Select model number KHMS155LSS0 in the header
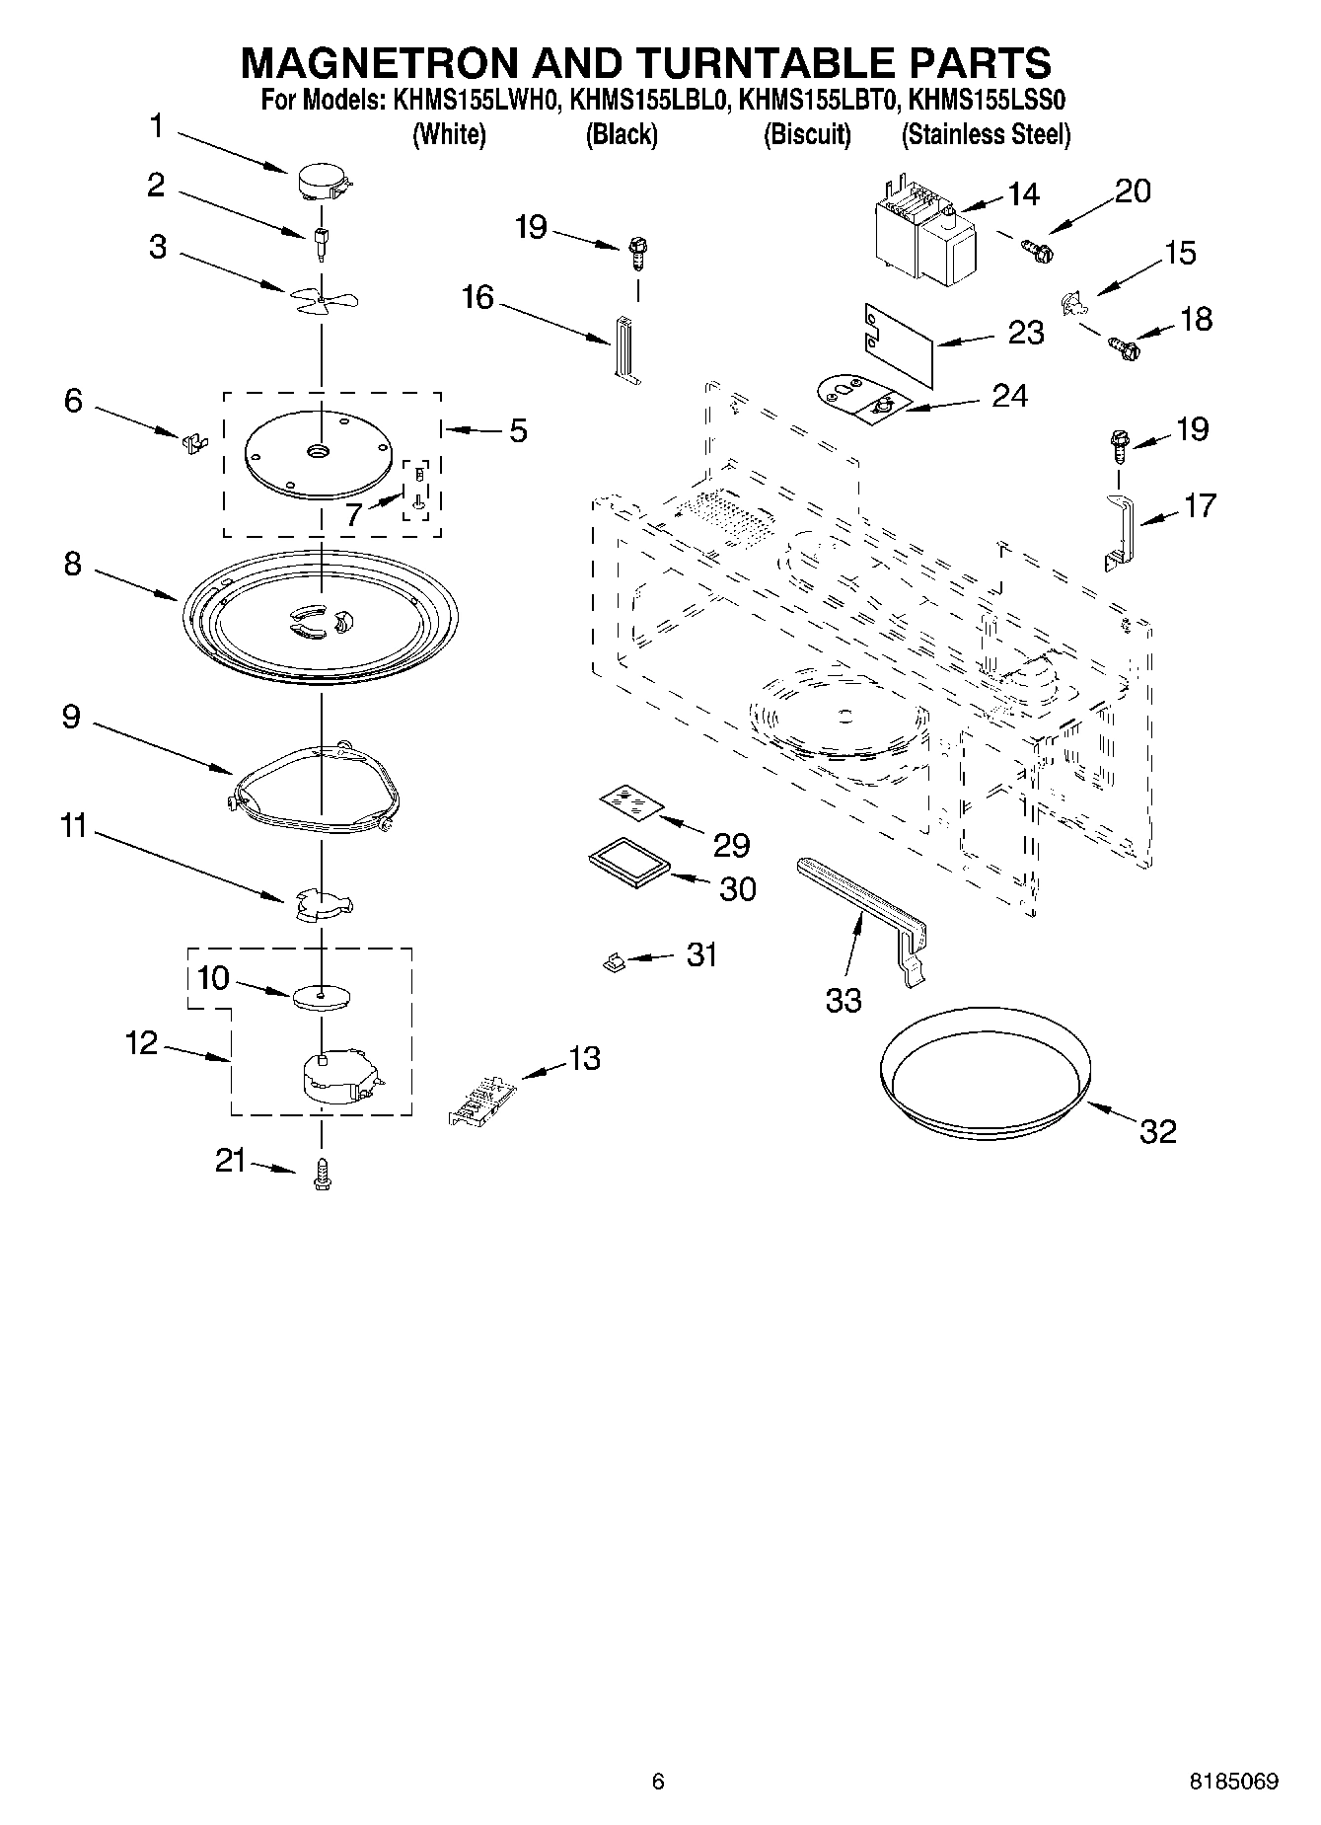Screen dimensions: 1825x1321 pyautogui.click(x=986, y=101)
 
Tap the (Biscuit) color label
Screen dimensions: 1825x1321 pyautogui.click(x=807, y=134)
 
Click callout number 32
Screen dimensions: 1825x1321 pyautogui.click(x=1157, y=1131)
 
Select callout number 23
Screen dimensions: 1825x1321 pyautogui.click(x=1025, y=333)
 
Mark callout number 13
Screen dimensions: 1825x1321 pyautogui.click(x=584, y=1058)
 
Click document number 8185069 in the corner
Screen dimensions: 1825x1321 pyautogui.click(x=1233, y=1782)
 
